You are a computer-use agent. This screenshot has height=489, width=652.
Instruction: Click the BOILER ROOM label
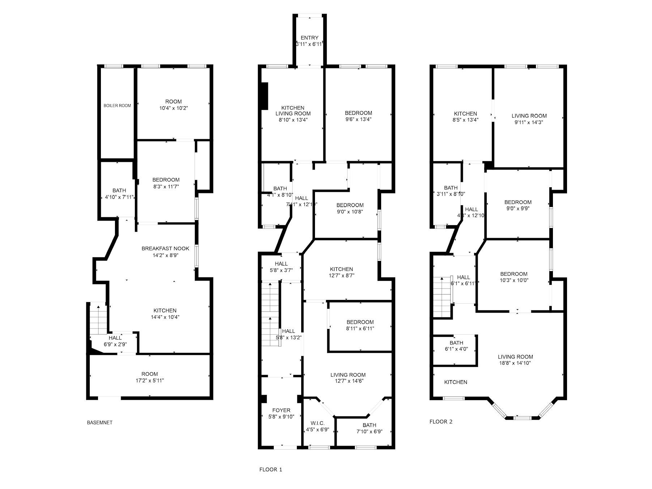click(x=117, y=106)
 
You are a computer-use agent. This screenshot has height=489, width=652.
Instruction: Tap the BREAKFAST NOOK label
click(x=165, y=249)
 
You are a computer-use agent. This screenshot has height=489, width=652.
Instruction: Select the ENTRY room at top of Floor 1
click(x=310, y=40)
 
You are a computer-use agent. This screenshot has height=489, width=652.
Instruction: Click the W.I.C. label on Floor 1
click(x=318, y=423)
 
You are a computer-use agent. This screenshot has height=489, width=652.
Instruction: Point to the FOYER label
click(x=281, y=410)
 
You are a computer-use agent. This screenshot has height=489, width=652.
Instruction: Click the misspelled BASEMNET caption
click(x=99, y=422)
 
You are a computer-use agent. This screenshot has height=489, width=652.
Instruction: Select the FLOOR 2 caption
click(x=441, y=421)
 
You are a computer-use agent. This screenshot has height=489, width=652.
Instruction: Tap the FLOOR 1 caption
click(x=270, y=469)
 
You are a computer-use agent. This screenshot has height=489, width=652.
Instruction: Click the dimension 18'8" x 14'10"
click(x=515, y=363)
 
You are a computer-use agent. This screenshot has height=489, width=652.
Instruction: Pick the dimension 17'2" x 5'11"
click(x=149, y=381)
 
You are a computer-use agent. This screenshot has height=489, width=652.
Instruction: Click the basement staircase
click(x=98, y=320)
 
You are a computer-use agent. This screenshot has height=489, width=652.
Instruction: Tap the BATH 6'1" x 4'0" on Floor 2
click(x=456, y=346)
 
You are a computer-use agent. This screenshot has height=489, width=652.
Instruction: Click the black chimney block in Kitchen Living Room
click(x=265, y=96)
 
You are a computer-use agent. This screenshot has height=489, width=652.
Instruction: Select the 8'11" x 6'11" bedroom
click(x=360, y=325)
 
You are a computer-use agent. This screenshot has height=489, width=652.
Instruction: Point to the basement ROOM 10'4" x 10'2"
click(x=173, y=104)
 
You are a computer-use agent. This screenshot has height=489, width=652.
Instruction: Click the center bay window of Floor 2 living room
click(x=522, y=418)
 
